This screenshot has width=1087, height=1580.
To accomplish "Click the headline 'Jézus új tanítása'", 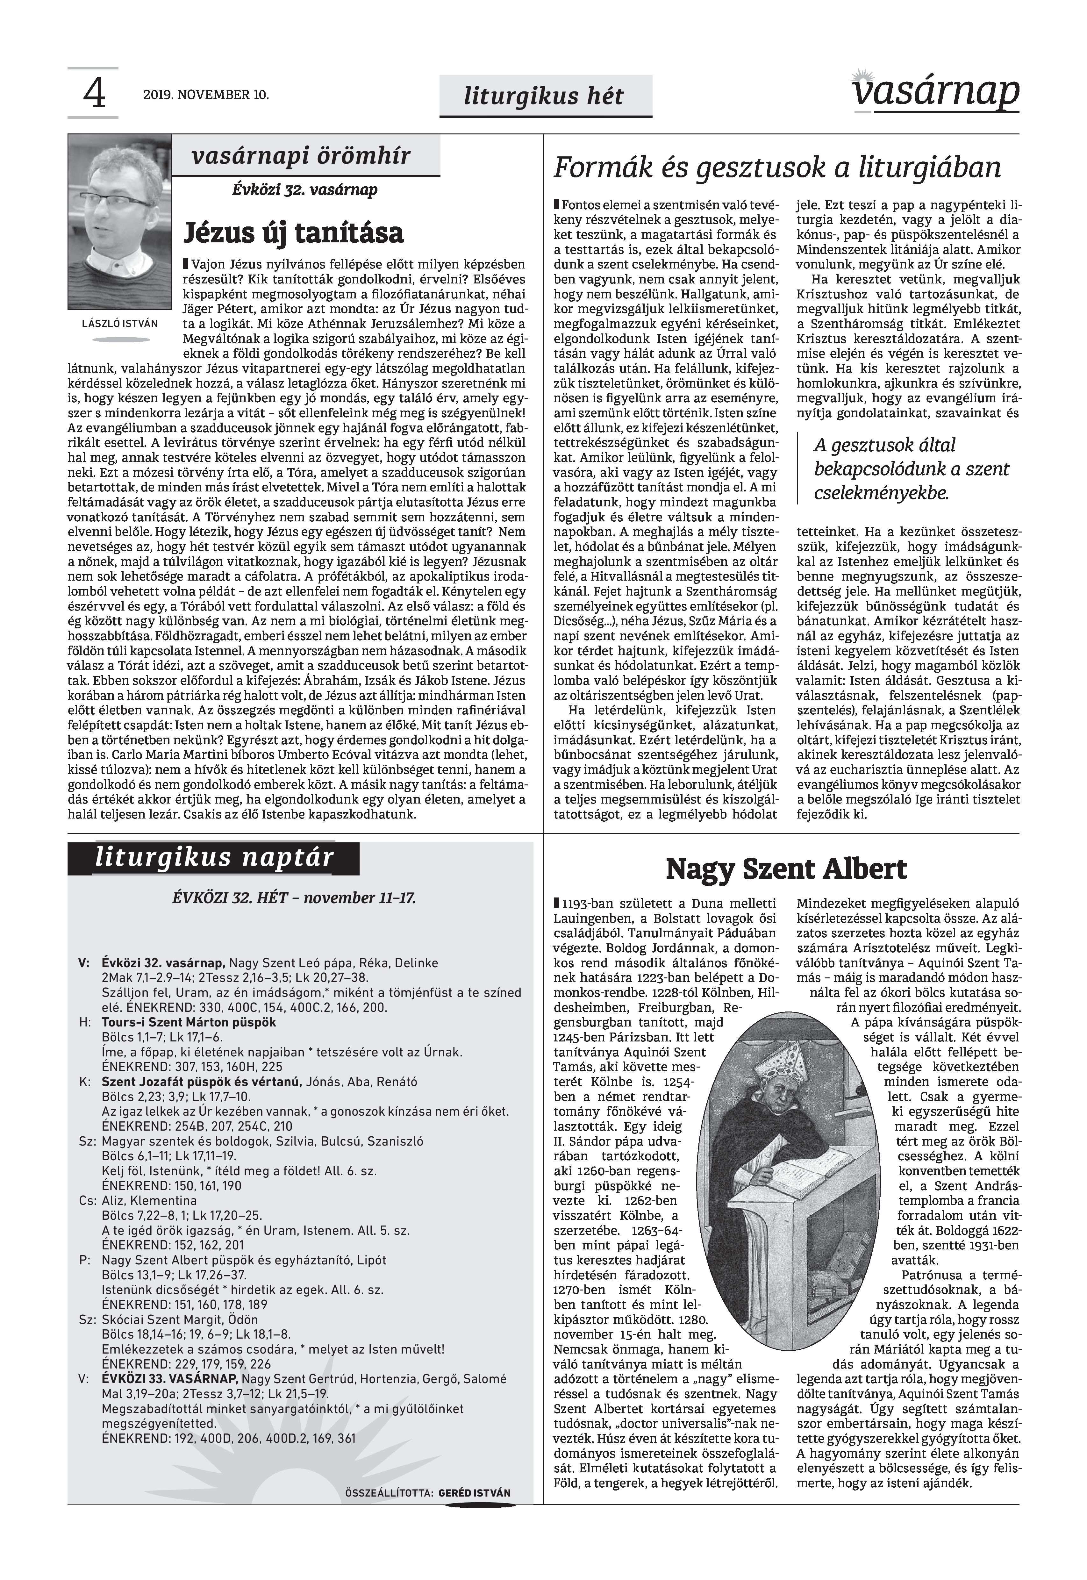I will pyautogui.click(x=294, y=232).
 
